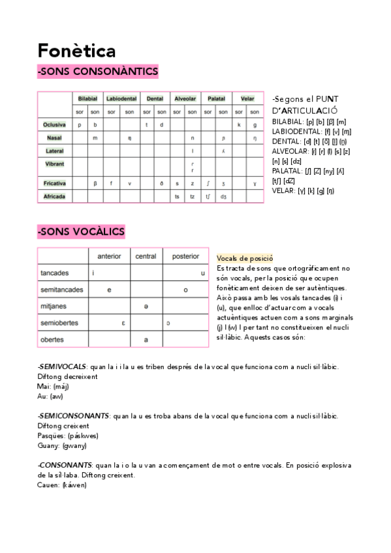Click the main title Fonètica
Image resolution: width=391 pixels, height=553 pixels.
pyautogui.click(x=77, y=50)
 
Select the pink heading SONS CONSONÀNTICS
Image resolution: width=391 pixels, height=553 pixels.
pyautogui.click(x=98, y=71)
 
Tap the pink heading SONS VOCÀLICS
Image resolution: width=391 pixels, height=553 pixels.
pyautogui.click(x=82, y=232)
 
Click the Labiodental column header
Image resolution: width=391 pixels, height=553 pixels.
pyautogui.click(x=121, y=98)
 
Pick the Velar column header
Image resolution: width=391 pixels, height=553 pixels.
pyautogui.click(x=247, y=98)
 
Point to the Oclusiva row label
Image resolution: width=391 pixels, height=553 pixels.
pyautogui.click(x=54, y=124)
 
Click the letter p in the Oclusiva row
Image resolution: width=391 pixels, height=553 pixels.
pyautogui.click(x=79, y=124)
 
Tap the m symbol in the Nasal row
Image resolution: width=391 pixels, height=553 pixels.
pyautogui.click(x=95, y=138)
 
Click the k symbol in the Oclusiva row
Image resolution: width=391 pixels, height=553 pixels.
pyautogui.click(x=239, y=124)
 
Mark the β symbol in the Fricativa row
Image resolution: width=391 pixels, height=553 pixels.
pyautogui.click(x=95, y=183)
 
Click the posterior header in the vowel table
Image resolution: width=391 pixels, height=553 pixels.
pyautogui.click(x=185, y=256)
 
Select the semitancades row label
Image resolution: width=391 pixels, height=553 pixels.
pyautogui.click(x=61, y=290)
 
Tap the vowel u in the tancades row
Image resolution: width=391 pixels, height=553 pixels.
pyautogui.click(x=202, y=273)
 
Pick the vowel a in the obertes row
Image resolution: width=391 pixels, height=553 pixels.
pyautogui.click(x=146, y=340)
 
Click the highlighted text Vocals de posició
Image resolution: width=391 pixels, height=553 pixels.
pyautogui.click(x=244, y=259)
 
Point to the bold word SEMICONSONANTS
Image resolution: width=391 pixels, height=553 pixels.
pyautogui.click(x=74, y=415)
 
